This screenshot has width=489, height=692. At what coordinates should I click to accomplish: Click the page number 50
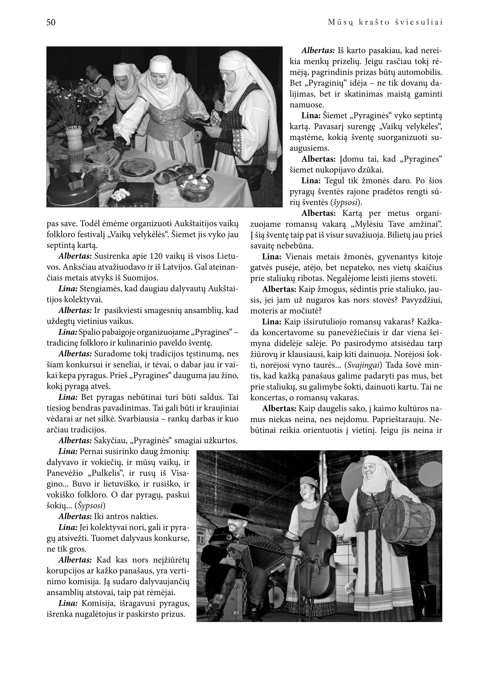point(51,22)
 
